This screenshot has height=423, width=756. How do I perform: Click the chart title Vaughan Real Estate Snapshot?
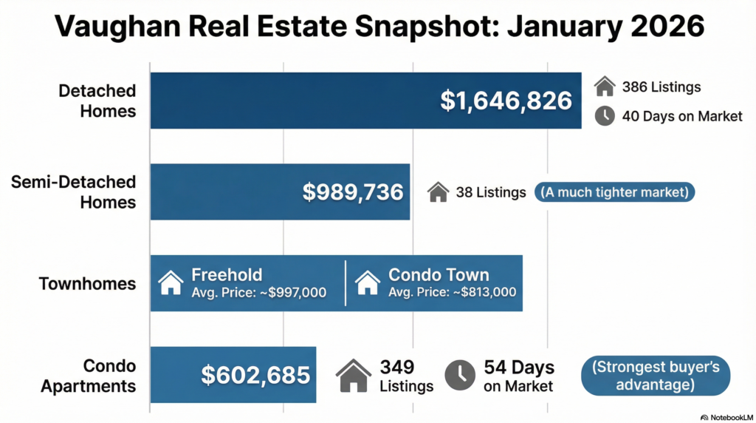(x=378, y=27)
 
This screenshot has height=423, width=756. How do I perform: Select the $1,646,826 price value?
(x=506, y=101)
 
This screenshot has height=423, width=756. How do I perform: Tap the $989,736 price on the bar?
(x=353, y=192)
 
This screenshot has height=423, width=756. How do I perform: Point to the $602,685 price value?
(x=255, y=375)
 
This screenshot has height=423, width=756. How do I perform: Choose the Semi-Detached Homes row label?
(x=74, y=192)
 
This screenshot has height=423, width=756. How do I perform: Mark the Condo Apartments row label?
(x=89, y=376)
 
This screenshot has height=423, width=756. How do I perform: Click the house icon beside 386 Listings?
(x=605, y=87)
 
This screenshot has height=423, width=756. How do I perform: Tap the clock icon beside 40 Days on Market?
(x=605, y=116)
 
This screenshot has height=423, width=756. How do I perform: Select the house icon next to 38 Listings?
(x=439, y=193)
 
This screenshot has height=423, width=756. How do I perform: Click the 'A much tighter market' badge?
(x=614, y=193)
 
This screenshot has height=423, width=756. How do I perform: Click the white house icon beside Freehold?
(x=171, y=283)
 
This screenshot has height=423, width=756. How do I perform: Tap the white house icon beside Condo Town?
(x=367, y=283)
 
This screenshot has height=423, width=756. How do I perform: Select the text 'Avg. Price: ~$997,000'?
(x=258, y=292)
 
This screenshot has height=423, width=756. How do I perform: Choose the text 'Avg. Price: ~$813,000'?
(x=452, y=292)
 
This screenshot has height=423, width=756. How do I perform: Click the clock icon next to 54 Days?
(x=461, y=376)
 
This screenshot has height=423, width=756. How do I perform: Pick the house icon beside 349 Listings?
(x=354, y=376)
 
